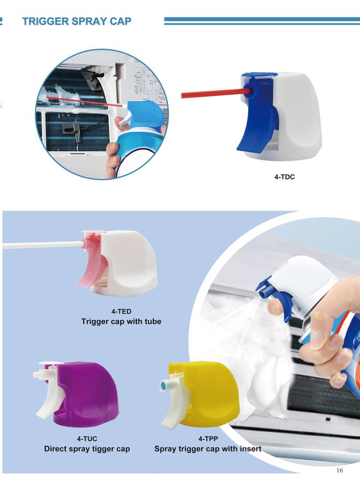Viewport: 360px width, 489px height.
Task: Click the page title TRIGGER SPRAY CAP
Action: tap(76, 21)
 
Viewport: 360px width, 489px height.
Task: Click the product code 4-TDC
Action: tap(285, 178)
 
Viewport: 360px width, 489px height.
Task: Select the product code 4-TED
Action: tap(121, 311)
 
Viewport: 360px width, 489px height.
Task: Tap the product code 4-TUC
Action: tap(87, 439)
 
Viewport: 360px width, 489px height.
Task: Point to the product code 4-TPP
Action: tap(208, 439)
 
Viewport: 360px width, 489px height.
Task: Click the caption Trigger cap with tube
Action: tap(121, 321)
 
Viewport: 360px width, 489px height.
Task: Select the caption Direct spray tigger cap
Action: tap(87, 449)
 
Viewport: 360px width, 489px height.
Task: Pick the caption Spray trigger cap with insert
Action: tap(208, 449)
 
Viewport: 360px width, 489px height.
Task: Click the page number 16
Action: tap(340, 471)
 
